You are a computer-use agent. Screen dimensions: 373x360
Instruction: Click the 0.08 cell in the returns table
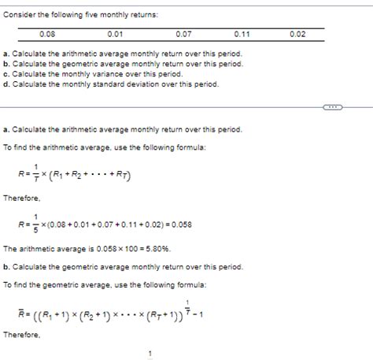48,34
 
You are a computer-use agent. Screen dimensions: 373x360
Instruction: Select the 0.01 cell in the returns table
116,34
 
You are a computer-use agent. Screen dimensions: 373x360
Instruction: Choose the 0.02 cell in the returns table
297,34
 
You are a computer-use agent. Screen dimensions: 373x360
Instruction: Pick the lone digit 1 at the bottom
150,353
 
